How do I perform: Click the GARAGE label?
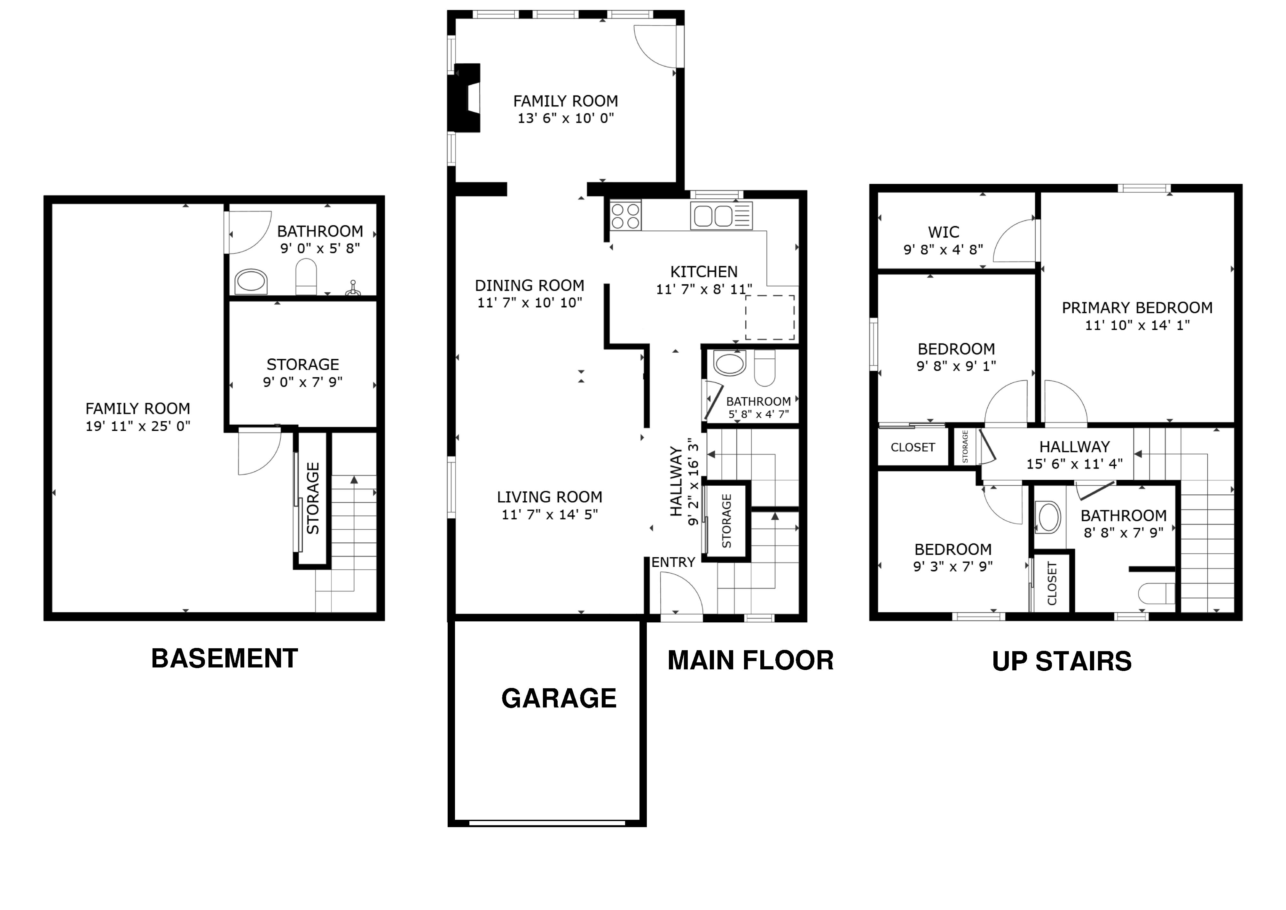[x=559, y=698]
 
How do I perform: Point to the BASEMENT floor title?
[x=224, y=659]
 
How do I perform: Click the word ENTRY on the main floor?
[x=673, y=562]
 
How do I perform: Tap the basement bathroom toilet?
[x=306, y=276]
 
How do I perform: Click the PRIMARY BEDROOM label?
[x=1137, y=307]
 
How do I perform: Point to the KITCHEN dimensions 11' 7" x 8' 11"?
[x=704, y=289]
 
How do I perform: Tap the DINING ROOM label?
[x=529, y=285]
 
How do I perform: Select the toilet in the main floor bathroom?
[x=765, y=368]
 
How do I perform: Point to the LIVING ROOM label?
[x=549, y=497]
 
